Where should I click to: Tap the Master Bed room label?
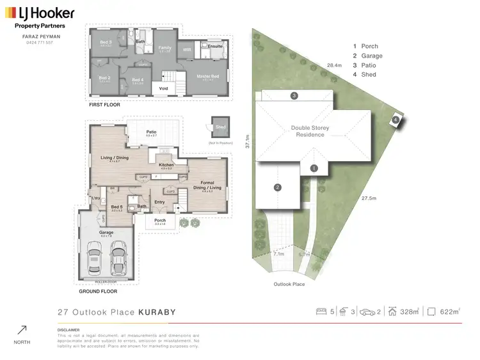207,77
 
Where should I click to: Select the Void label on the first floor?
163,89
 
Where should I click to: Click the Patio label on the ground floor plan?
151,132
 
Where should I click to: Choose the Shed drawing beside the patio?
221,128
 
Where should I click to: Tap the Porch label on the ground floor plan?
160,221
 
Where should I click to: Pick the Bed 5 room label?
116,207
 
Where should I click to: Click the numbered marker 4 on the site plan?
396,120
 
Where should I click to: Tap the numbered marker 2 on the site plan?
278,187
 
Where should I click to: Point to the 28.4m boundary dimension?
333,65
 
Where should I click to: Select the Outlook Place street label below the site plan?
288,283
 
